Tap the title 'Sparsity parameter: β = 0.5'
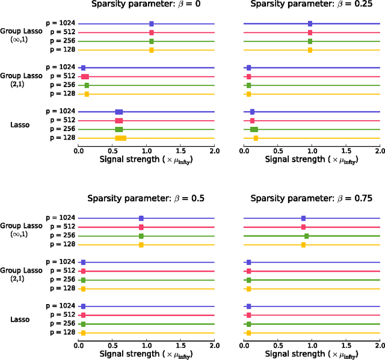[146, 199]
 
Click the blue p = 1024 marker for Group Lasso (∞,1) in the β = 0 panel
[151, 24]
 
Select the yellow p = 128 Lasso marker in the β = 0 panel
[120, 138]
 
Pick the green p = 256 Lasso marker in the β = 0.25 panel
[254, 129]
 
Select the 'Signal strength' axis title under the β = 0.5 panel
[146, 354]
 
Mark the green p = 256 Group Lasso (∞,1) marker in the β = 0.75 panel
[306, 236]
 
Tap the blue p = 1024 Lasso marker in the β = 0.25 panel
[252, 112]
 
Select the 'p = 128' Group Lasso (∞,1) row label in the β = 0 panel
[61, 50]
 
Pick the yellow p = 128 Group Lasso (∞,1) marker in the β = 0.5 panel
[141, 245]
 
